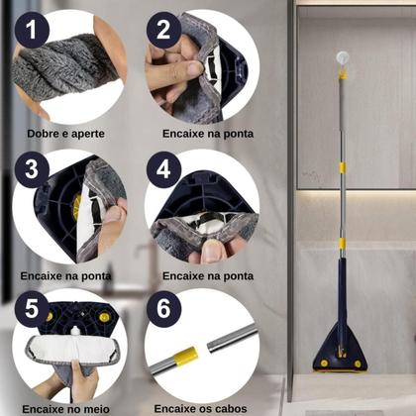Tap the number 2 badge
164,31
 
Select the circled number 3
34,168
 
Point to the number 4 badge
164,169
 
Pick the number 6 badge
164,308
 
